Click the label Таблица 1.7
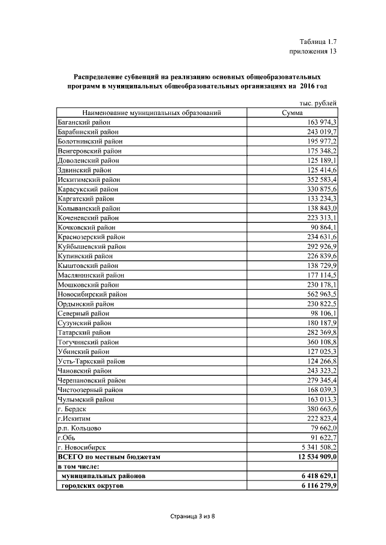[317, 41]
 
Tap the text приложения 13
[313, 51]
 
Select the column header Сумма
[293, 113]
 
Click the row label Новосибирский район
[92, 294]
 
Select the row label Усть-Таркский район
[91, 361]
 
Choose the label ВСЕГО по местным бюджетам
[109, 457]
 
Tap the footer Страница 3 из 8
[192, 516]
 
